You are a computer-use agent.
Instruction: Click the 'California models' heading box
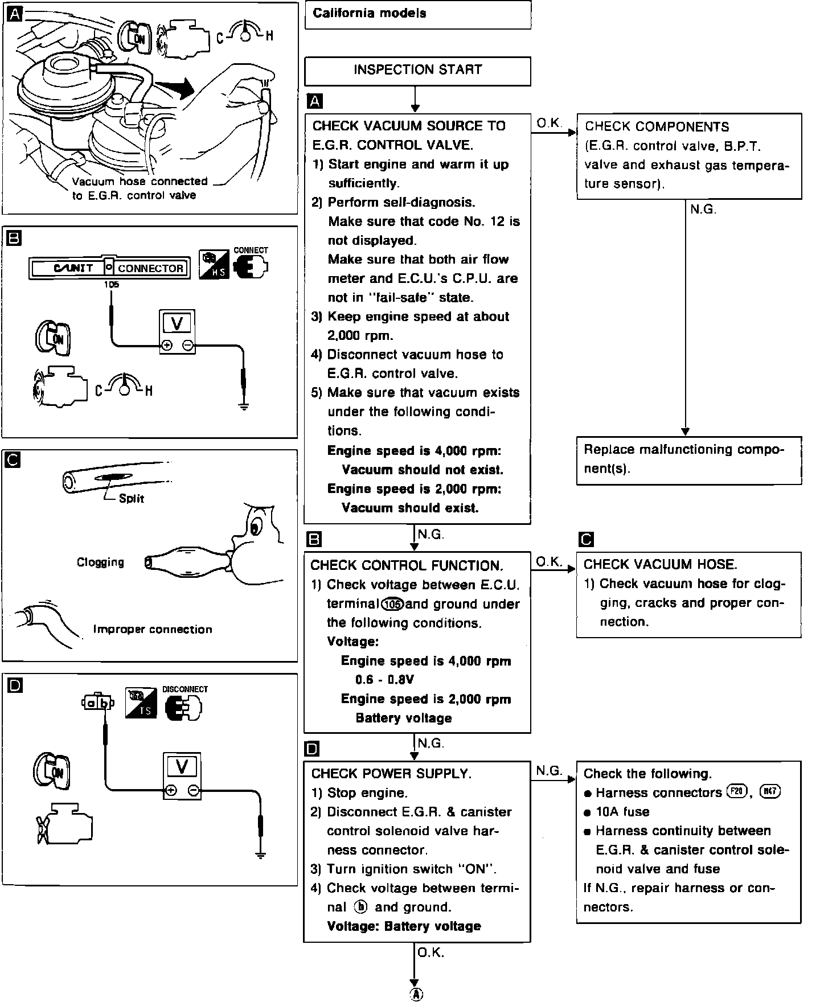click(x=417, y=14)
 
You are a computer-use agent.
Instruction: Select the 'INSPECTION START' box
click(x=417, y=70)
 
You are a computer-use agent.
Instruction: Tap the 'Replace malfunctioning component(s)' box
click(x=688, y=460)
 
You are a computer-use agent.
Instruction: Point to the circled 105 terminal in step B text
click(x=393, y=604)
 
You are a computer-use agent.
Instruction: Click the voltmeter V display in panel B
click(x=177, y=323)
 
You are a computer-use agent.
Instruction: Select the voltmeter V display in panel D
click(x=182, y=767)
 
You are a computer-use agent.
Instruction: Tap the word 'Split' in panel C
click(x=132, y=499)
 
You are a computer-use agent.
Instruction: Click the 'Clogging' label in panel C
click(x=100, y=562)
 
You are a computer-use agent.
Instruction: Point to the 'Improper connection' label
click(x=153, y=629)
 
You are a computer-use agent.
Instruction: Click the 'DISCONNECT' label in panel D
click(x=185, y=689)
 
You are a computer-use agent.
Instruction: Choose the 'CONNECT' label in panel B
click(x=251, y=250)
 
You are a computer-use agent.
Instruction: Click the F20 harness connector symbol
click(x=737, y=792)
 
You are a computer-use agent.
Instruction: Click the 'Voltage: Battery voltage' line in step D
click(x=404, y=926)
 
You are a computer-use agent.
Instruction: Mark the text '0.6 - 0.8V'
click(x=384, y=680)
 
